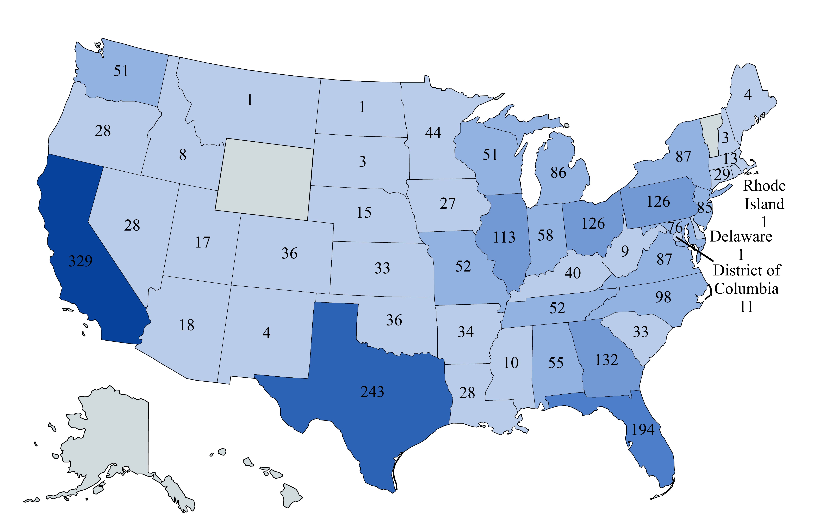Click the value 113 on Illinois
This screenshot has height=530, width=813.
click(x=504, y=237)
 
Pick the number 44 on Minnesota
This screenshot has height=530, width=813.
click(x=433, y=133)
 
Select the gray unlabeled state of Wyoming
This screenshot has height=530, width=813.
click(x=265, y=179)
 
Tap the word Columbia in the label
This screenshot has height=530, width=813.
click(x=746, y=289)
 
